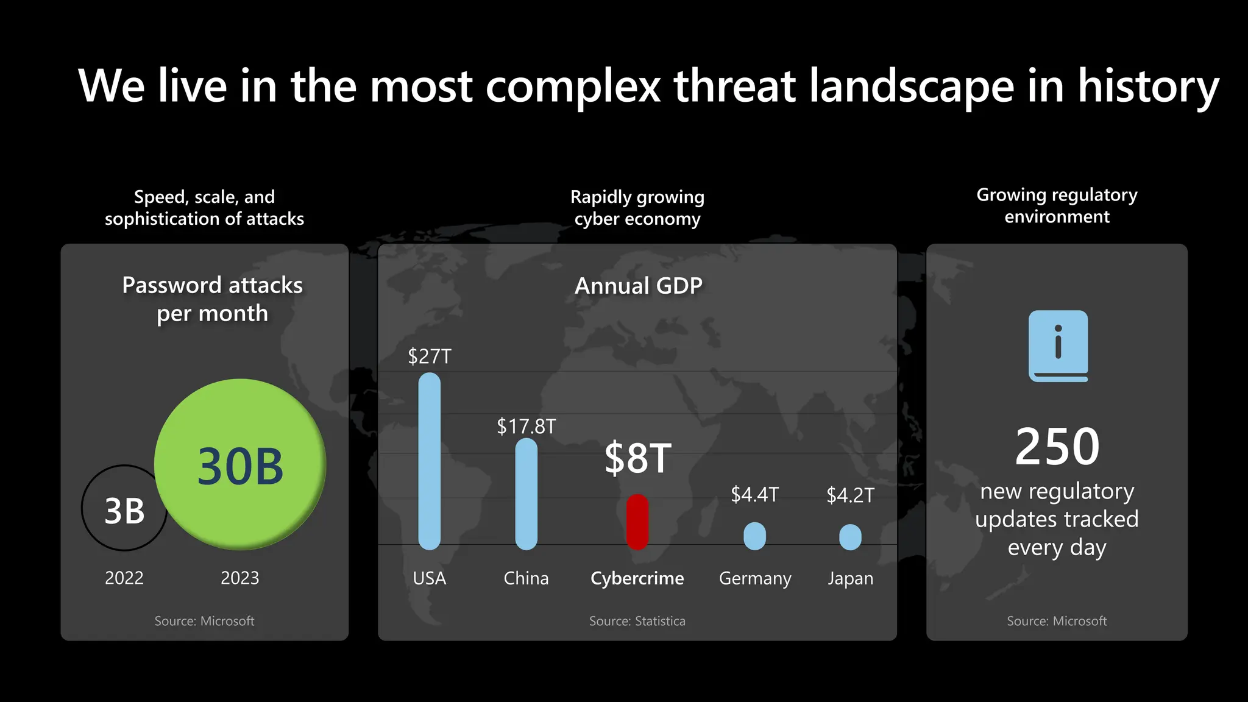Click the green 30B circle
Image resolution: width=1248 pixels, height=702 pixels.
[240, 464]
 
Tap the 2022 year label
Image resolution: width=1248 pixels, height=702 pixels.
[124, 578]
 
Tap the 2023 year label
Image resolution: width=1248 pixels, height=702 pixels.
[239, 578]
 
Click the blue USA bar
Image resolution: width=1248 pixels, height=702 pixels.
[429, 461]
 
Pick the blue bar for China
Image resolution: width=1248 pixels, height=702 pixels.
[526, 494]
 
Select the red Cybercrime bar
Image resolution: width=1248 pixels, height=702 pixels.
[637, 522]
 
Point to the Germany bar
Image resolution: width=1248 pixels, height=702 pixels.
[754, 536]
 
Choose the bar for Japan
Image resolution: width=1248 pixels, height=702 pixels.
[850, 537]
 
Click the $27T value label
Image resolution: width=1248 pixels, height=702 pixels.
[430, 356]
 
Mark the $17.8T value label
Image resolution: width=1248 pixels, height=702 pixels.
[526, 427]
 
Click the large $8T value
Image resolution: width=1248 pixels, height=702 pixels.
[637, 458]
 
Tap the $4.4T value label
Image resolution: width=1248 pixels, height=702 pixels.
[754, 494]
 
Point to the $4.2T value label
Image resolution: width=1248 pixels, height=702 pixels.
[850, 495]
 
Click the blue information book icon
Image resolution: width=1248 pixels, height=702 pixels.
[1058, 346]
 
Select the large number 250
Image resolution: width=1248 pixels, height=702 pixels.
[1057, 447]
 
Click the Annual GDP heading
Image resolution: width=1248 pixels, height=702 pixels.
[638, 286]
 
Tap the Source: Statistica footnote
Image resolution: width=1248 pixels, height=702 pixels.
[637, 621]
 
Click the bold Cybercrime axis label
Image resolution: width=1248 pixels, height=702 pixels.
[637, 578]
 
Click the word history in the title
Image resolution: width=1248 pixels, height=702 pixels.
[1148, 87]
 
